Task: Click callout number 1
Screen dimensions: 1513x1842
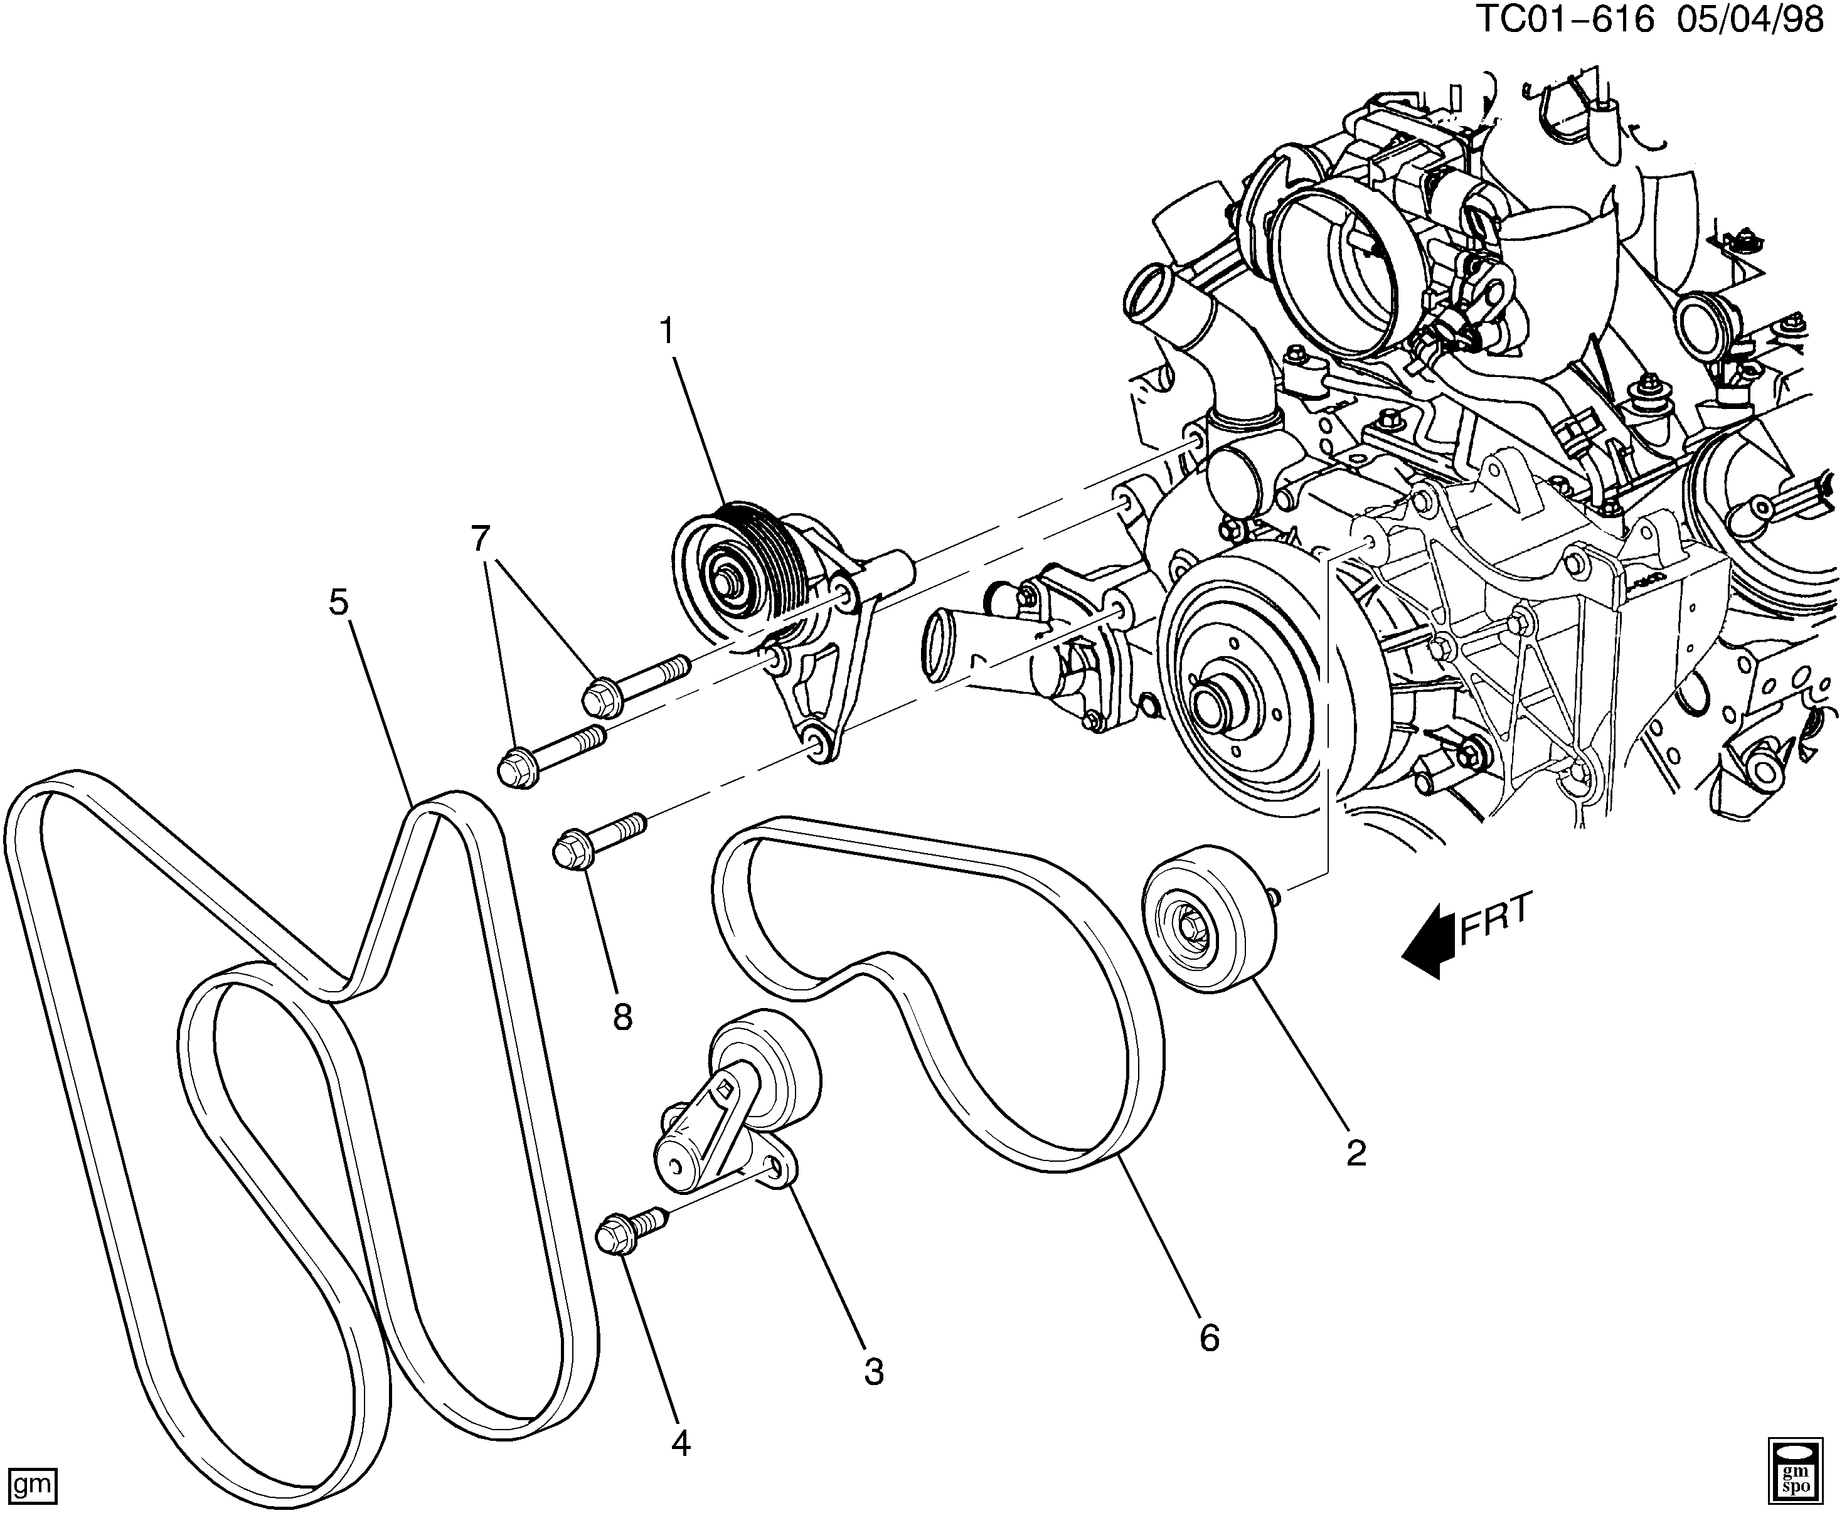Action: [668, 332]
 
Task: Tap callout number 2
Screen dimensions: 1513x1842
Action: [1356, 1153]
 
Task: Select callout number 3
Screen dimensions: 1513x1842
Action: [873, 1372]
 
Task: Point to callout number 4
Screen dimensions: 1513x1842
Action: [681, 1444]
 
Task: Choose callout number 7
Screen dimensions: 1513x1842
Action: [481, 539]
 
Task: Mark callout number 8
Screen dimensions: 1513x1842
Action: [622, 1016]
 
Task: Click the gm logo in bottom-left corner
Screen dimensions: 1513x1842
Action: [29, 1482]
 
